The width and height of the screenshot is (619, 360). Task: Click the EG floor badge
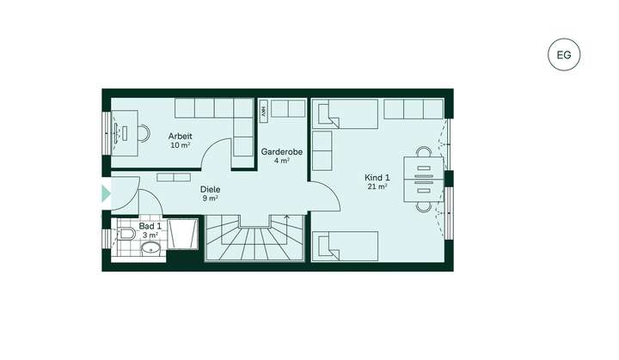coord(564,56)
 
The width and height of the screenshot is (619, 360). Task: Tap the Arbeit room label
coord(180,136)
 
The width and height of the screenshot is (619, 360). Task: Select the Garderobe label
coord(275,151)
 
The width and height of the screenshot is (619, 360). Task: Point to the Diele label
coord(210,189)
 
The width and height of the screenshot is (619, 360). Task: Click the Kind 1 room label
coord(377,177)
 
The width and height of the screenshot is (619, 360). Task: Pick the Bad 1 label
coord(150,224)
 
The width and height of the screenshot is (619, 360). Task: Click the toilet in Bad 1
coord(126,233)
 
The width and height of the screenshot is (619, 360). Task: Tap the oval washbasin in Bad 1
coord(151,249)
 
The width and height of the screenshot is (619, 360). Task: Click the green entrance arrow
coord(106,193)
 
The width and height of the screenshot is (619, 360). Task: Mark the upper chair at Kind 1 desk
coord(423,151)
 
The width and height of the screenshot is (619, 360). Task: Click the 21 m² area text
coord(377,186)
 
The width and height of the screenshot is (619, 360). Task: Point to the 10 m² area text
coord(180,145)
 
